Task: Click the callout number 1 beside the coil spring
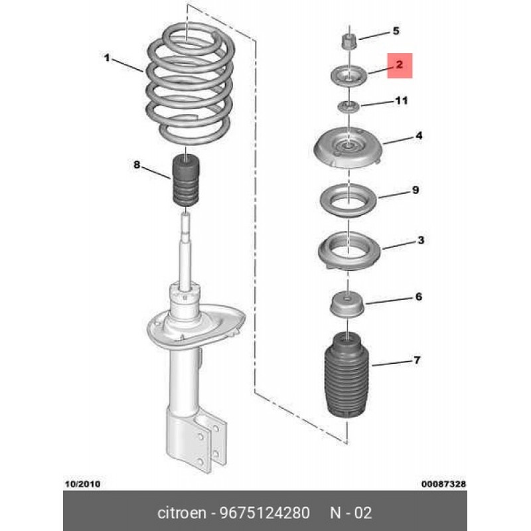[107, 58]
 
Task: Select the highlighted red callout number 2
[400, 64]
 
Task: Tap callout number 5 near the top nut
[396, 31]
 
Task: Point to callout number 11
[402, 101]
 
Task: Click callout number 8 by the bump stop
[137, 165]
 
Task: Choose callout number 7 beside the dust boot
[417, 360]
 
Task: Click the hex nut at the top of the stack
[348, 41]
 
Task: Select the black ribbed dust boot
[346, 375]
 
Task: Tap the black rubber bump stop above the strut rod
[186, 180]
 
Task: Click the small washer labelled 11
[348, 107]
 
